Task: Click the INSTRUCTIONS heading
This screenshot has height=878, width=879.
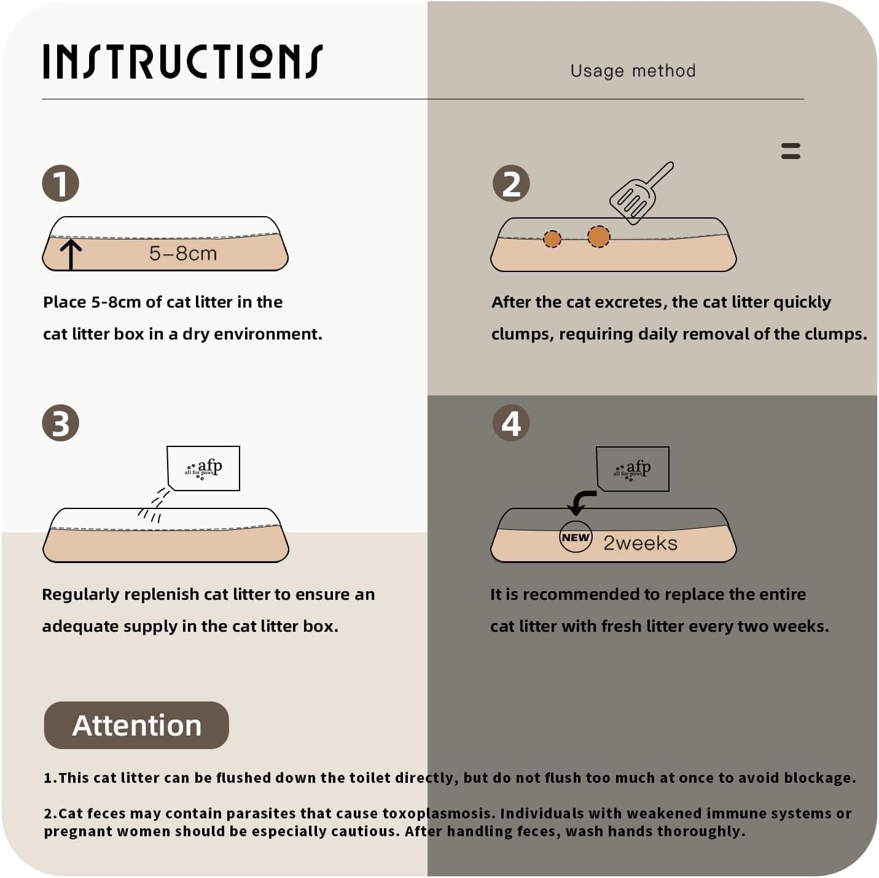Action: (183, 61)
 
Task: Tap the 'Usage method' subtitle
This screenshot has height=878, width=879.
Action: (633, 71)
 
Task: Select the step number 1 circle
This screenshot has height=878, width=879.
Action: (61, 184)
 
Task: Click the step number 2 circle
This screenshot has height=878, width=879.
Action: (511, 184)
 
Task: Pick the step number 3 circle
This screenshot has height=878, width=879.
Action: (61, 423)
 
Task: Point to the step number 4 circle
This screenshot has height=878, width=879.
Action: (511, 423)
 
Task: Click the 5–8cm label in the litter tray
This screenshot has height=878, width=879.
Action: (183, 254)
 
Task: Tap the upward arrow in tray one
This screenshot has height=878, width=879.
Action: (71, 255)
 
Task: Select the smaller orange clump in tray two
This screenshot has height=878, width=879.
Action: (552, 239)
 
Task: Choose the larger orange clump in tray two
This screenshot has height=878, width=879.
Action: (598, 237)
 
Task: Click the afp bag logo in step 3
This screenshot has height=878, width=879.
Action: (203, 468)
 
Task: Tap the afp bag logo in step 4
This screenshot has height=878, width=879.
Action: (633, 469)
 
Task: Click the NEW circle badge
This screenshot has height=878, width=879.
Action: (576, 537)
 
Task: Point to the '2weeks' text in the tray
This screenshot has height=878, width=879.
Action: (641, 543)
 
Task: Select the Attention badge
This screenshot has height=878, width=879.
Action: (136, 725)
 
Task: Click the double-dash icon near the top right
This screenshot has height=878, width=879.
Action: (791, 151)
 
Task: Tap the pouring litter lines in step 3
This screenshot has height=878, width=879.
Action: (154, 505)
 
